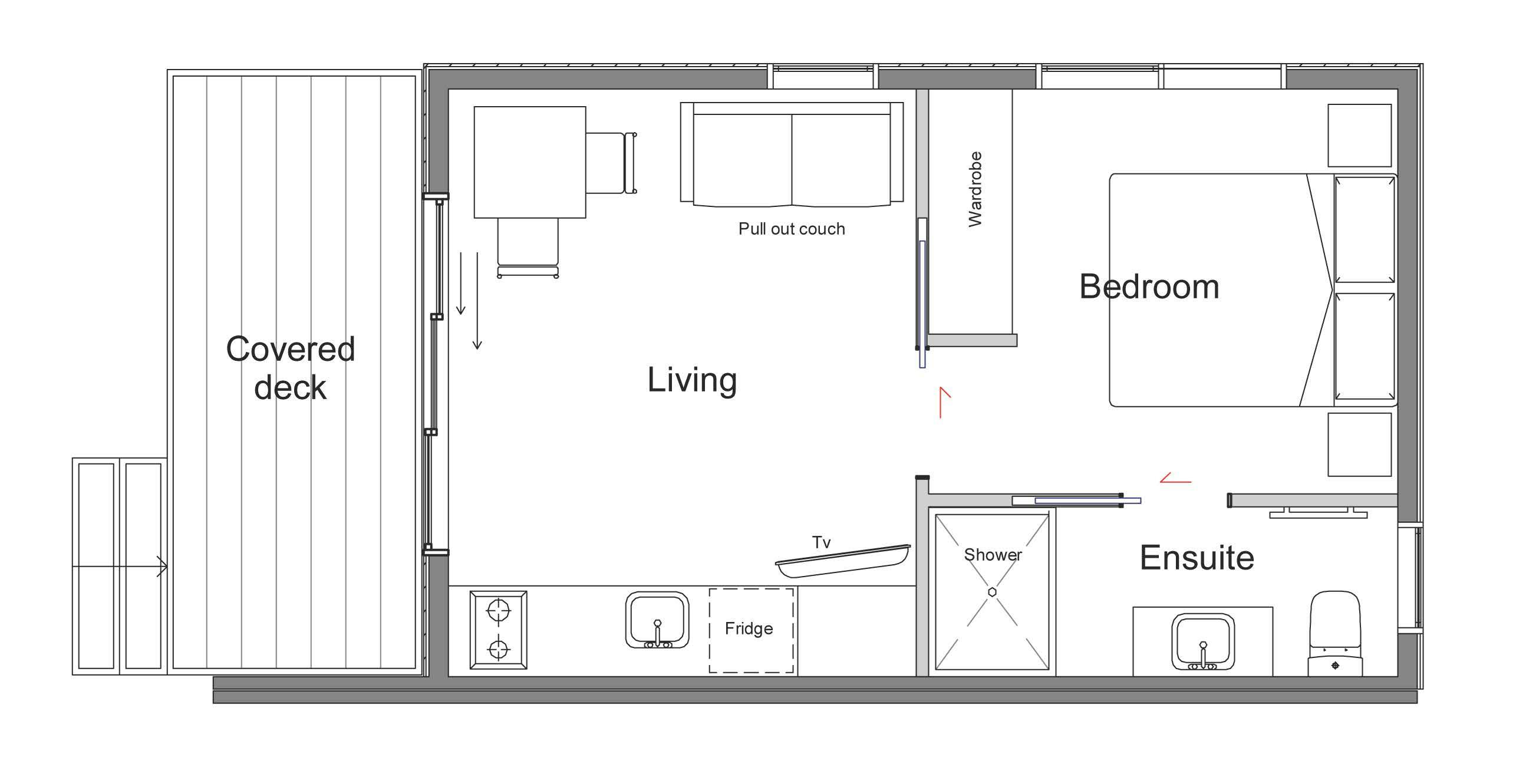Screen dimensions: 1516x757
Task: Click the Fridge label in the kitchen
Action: coord(749,628)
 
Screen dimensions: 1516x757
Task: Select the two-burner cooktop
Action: coord(498,630)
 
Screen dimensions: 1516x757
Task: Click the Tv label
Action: coord(821,542)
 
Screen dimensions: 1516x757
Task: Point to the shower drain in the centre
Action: coord(993,592)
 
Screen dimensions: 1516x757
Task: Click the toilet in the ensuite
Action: coord(1334,634)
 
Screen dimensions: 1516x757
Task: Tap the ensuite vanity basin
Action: coord(1202,641)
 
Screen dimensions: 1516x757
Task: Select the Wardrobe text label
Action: coord(975,189)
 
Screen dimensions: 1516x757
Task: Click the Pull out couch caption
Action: coord(792,229)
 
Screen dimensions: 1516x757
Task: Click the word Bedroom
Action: coord(1149,287)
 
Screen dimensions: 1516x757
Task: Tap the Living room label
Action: coord(692,380)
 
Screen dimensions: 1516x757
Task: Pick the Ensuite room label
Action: coord(1197,558)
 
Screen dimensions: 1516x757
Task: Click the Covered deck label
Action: coord(291,368)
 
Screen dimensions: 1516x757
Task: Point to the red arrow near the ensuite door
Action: coord(1176,477)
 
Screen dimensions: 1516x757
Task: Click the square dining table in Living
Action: coord(530,162)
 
